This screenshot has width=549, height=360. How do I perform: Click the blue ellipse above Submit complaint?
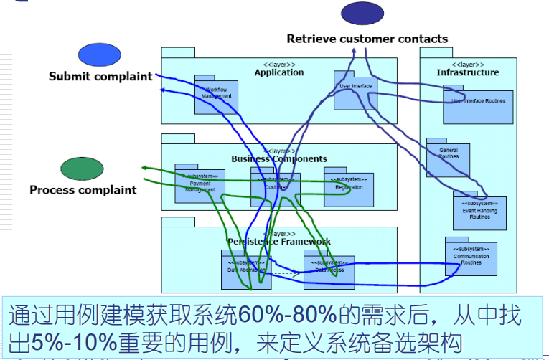pos(100,55)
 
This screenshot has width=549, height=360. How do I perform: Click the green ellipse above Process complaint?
pos(83,169)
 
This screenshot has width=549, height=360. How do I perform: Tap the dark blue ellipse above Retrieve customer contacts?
pos(362,14)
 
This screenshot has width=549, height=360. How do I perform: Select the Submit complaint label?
pos(100,76)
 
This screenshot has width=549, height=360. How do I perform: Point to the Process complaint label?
pos(83,190)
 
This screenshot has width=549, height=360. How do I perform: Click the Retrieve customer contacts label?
pos(367,39)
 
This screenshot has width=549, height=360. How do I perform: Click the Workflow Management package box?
pos(216,97)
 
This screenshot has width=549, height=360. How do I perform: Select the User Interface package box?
pos(355,91)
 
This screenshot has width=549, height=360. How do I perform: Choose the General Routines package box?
pos(448,159)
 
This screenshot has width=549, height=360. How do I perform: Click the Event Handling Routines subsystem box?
pos(479,213)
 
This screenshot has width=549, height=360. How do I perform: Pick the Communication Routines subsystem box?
pos(471,260)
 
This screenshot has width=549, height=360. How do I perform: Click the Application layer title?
pos(278,72)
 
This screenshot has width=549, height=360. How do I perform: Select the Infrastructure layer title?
pos(467,72)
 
